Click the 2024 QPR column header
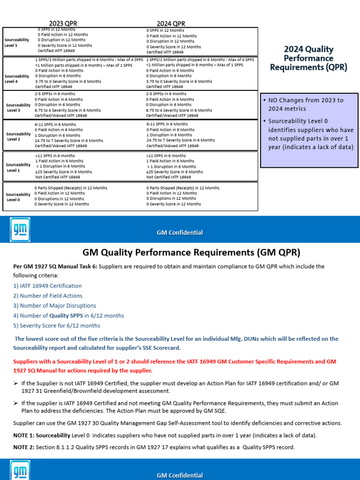[x=171, y=23]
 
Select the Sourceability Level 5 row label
[x=17, y=43]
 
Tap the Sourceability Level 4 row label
[x=17, y=78]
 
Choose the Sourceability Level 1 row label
[x=17, y=167]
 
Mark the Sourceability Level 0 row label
[x=17, y=197]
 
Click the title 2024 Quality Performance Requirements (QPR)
[x=308, y=58]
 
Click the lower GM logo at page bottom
[x=20, y=470]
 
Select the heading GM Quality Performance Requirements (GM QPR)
[x=191, y=253]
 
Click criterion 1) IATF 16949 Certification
[x=47, y=286]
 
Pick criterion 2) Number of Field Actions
[x=48, y=296]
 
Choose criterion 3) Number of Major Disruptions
[x=54, y=306]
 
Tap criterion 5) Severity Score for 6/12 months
[x=56, y=326]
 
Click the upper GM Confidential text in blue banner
[x=180, y=232]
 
